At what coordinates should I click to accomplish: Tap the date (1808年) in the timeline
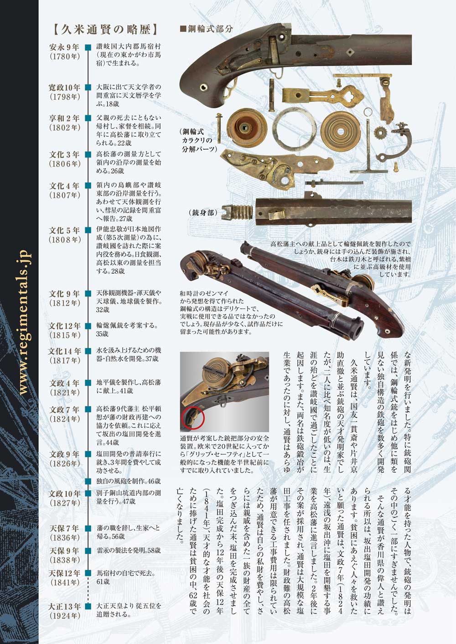tap(64, 240)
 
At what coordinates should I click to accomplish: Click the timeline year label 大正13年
tap(65, 607)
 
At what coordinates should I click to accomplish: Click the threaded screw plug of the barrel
tap(237, 212)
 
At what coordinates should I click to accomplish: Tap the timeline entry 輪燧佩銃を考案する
tap(127, 326)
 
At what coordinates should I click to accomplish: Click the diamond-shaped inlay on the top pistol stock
tap(350, 52)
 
